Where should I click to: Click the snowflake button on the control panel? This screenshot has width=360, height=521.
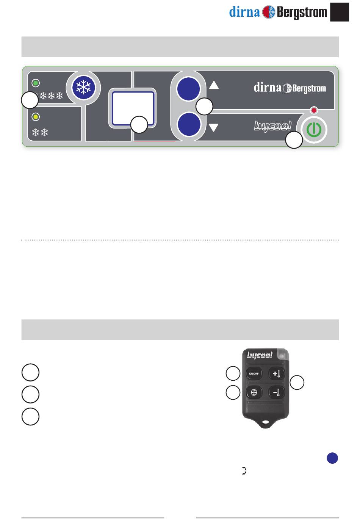click(x=84, y=88)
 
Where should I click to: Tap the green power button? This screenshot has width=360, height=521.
click(x=314, y=130)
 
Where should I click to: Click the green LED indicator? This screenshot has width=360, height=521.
click(x=36, y=83)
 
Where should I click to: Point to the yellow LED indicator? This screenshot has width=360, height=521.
click(x=36, y=117)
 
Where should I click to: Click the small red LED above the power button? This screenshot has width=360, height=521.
click(x=314, y=110)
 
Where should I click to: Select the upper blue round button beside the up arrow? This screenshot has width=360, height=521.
click(x=188, y=89)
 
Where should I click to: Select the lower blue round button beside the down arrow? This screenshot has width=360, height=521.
click(x=189, y=124)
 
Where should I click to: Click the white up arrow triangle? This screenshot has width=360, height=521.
click(x=214, y=85)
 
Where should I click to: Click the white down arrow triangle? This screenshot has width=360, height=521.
click(x=214, y=128)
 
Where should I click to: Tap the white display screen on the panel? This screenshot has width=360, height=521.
click(x=133, y=108)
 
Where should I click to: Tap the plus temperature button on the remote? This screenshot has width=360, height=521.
click(x=276, y=373)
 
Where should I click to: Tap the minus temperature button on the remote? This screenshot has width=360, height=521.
click(x=276, y=392)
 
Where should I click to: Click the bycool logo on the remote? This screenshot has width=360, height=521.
click(x=260, y=355)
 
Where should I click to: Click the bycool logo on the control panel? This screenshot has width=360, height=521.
click(x=272, y=126)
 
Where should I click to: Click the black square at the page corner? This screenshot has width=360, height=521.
click(x=340, y=12)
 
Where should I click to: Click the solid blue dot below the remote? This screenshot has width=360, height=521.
click(x=332, y=458)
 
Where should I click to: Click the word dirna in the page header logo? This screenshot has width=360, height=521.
click(x=244, y=12)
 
